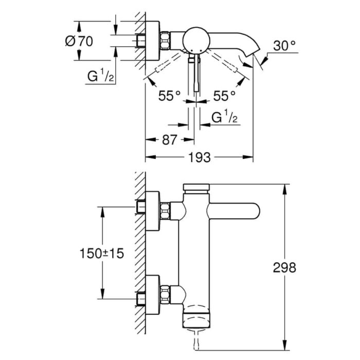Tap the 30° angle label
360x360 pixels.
click(284, 46)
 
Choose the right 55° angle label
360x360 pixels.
click(224, 95)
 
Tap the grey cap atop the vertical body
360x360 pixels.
click(196, 187)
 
